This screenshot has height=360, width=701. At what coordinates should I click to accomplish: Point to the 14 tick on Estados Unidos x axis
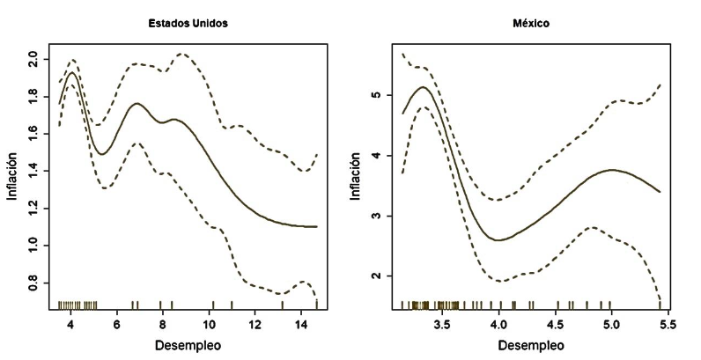(x=301, y=325)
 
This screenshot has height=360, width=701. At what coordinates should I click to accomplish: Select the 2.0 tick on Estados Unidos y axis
(x=33, y=59)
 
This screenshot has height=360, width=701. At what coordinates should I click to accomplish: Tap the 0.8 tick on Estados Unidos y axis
(x=33, y=283)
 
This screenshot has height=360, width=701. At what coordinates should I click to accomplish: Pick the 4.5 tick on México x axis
(x=556, y=325)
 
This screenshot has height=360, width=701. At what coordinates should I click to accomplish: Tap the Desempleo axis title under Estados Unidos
(x=186, y=345)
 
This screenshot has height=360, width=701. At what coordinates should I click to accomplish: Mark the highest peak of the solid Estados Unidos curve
(x=71, y=73)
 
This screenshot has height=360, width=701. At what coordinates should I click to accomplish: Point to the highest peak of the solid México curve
(x=423, y=87)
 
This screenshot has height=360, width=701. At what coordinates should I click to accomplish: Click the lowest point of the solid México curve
(x=498, y=239)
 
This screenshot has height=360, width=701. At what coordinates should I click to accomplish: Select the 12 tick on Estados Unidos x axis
(x=255, y=325)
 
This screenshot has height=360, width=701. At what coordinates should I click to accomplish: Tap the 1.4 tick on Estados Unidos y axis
(x=33, y=171)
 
